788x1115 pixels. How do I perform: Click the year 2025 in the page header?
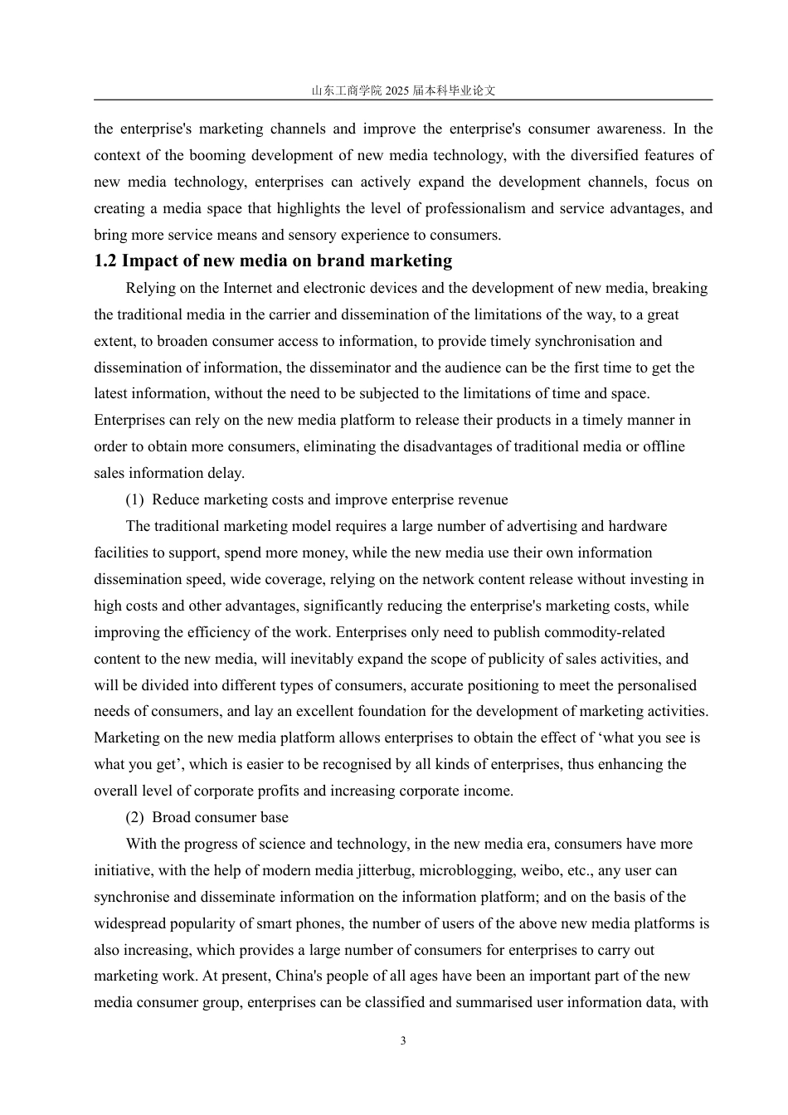398,90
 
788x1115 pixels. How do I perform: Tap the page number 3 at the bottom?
403,1041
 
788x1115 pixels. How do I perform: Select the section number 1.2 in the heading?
105,261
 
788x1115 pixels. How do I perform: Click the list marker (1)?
135,499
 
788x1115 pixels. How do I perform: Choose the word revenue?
476,499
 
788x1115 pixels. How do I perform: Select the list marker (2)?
135,817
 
